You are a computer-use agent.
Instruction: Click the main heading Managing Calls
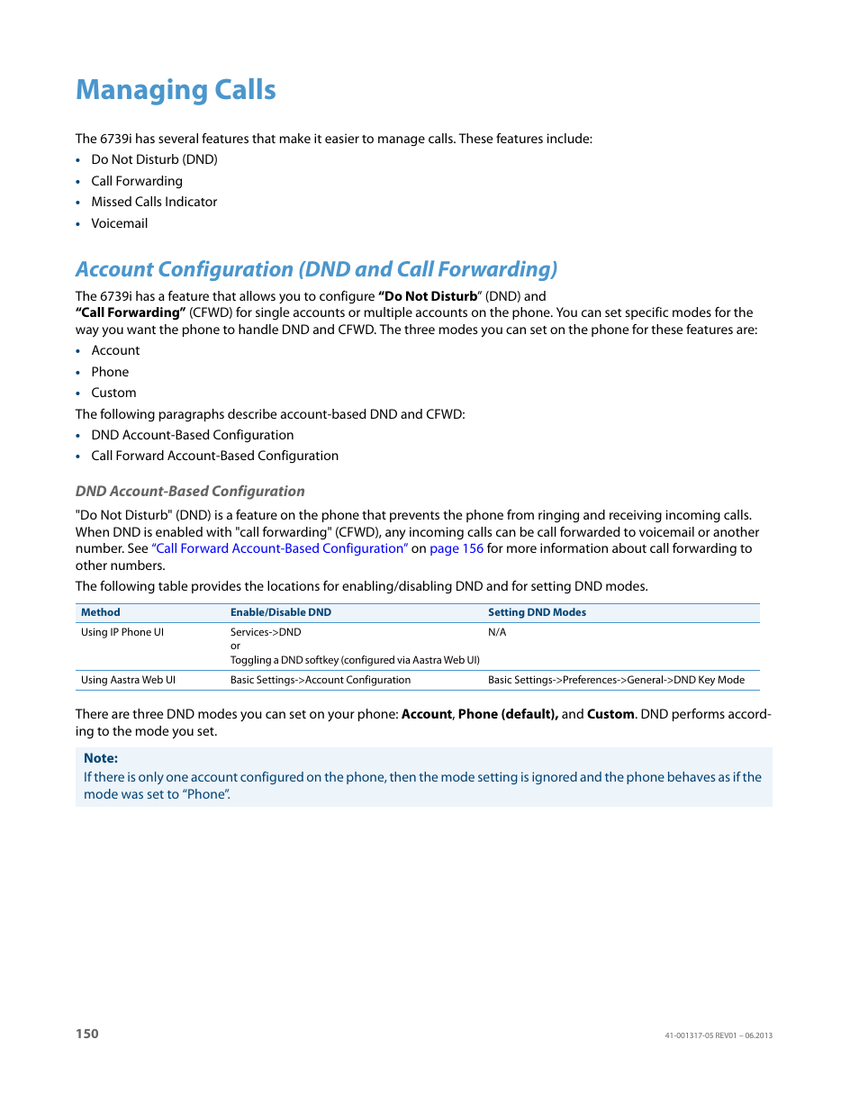(176, 90)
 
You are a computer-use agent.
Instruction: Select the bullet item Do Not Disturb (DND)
(154, 159)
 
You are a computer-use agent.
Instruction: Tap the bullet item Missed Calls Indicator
(154, 202)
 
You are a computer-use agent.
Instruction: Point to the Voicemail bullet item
(119, 223)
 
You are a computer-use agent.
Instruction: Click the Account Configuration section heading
(316, 269)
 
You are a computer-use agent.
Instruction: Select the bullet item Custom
(113, 393)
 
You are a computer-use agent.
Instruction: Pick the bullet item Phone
(110, 372)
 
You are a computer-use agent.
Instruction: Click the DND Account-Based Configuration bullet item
(192, 435)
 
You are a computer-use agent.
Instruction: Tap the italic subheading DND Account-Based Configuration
(190, 491)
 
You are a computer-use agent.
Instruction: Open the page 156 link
(457, 548)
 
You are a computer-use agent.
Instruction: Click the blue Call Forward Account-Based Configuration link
(280, 548)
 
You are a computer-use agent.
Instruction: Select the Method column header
(100, 612)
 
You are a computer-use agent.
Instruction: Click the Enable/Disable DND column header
(280, 612)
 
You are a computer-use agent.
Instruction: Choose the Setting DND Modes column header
(537, 612)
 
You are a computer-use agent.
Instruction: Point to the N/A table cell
(497, 632)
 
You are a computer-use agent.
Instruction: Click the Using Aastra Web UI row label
(128, 680)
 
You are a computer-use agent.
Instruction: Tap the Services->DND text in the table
(266, 632)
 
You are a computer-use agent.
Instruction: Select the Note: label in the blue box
(101, 758)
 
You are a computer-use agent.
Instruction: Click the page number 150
(87, 1034)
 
